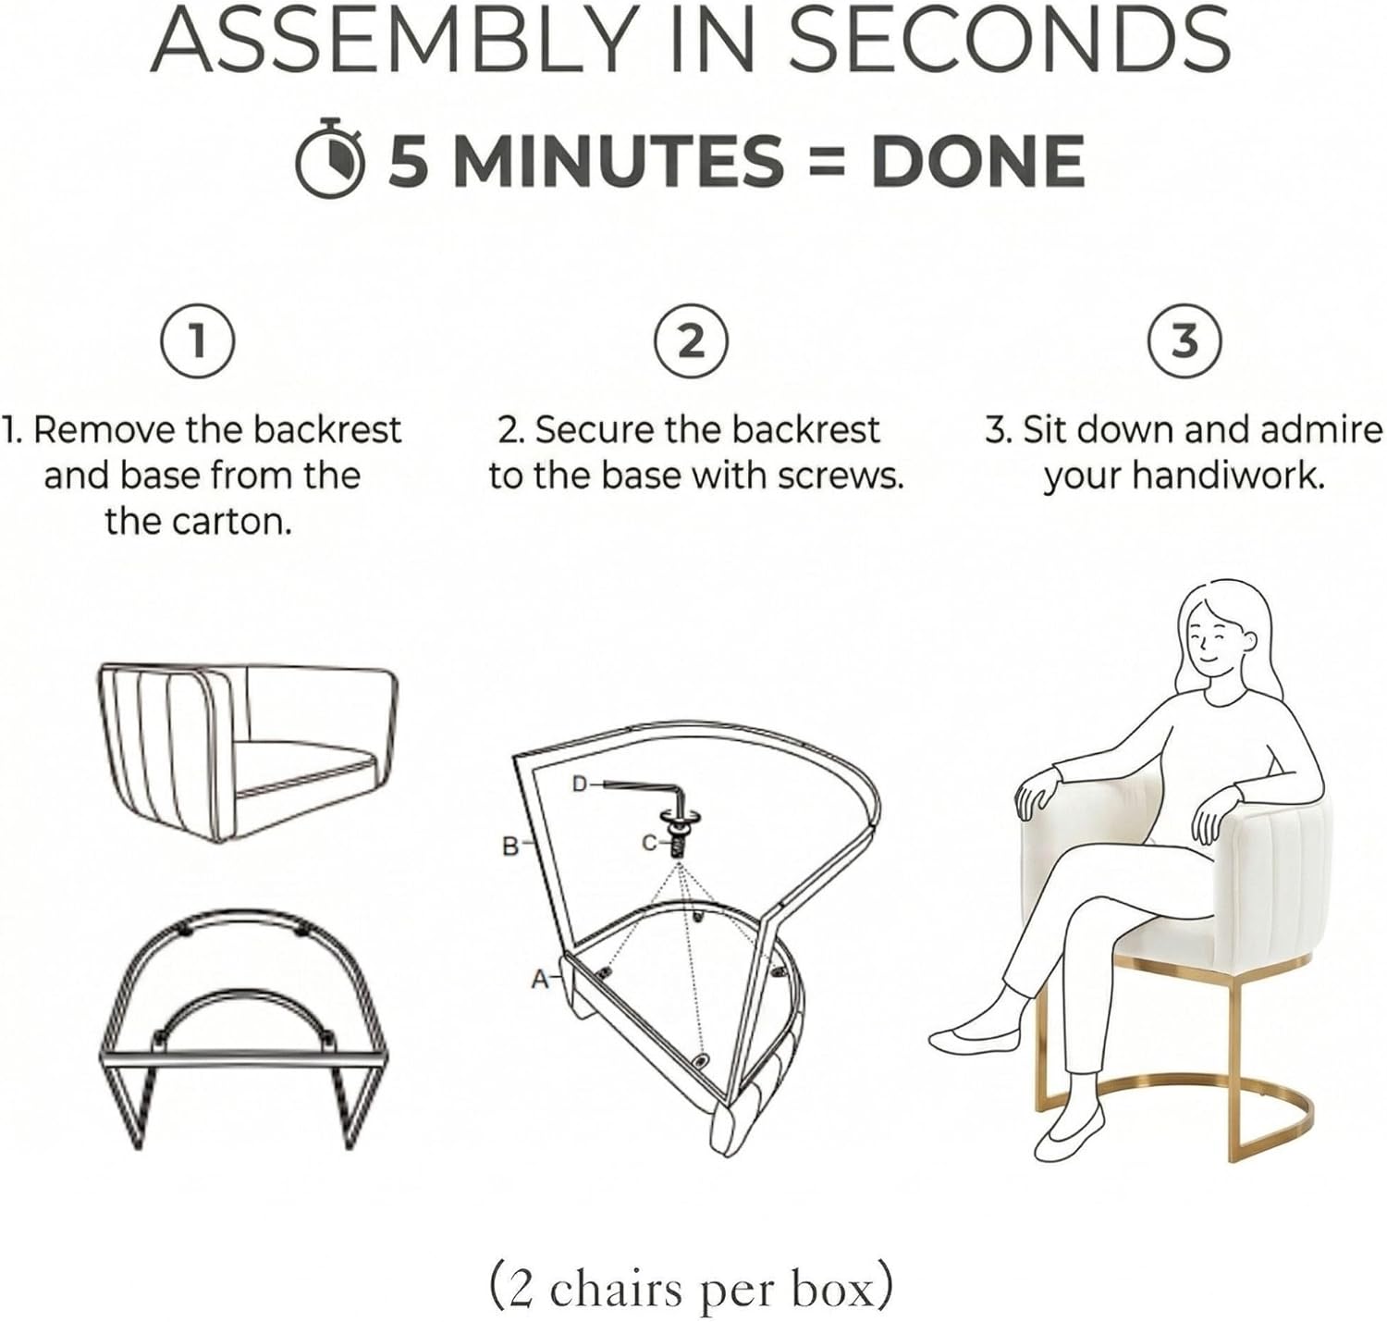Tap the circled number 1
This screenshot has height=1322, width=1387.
(x=198, y=341)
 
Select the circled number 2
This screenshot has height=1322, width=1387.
(x=692, y=341)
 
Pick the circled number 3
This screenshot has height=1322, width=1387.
(x=1184, y=341)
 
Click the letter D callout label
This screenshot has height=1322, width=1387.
(x=579, y=784)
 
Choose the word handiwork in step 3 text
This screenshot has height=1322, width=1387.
(x=1228, y=476)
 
